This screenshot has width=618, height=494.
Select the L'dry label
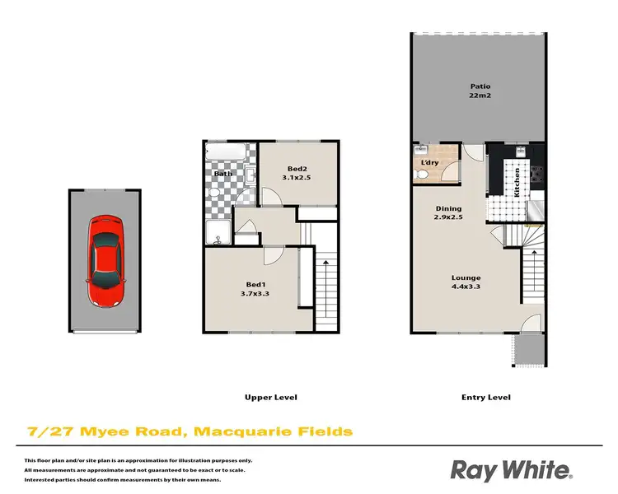[429, 163]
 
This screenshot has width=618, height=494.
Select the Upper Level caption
[270, 398]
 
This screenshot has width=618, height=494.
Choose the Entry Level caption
[486, 398]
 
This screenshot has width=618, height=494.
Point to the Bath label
[222, 175]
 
